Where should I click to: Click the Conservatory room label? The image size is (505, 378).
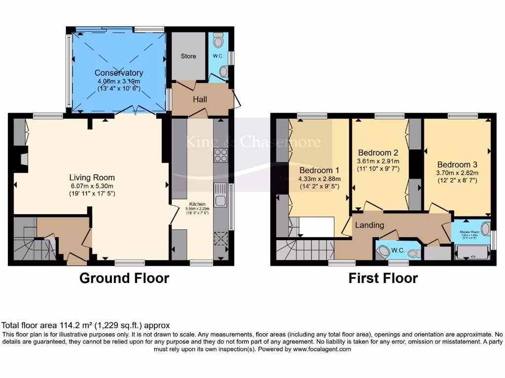(118, 73)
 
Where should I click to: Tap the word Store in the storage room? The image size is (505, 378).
(188, 56)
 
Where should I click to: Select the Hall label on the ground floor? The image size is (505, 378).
(200, 99)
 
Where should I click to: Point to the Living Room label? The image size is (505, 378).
(92, 178)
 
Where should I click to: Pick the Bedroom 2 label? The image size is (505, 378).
(378, 152)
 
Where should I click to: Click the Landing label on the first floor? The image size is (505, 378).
(370, 225)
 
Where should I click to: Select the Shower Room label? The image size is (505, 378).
(469, 231)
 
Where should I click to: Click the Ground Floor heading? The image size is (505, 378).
(124, 278)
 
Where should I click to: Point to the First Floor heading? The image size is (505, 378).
(383, 278)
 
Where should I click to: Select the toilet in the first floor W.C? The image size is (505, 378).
(383, 252)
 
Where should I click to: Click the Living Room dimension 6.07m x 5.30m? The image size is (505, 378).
(92, 186)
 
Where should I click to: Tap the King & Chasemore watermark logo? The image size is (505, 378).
(253, 143)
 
